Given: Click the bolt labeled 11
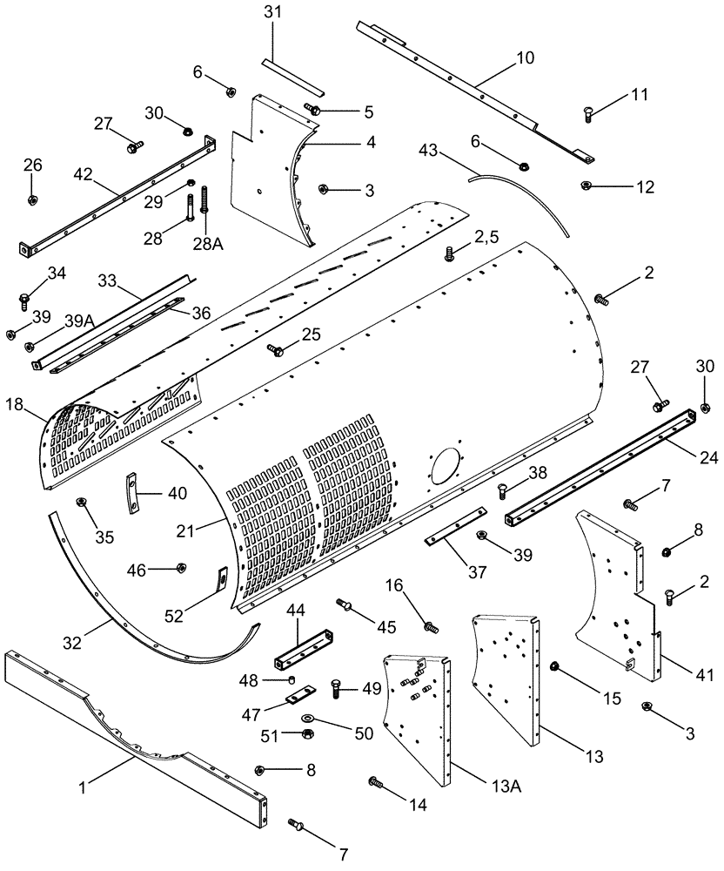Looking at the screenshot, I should (x=590, y=111).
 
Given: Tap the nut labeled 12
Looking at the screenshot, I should (x=585, y=185).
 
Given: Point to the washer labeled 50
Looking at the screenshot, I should (x=310, y=718).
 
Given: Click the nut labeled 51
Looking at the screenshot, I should (x=308, y=735).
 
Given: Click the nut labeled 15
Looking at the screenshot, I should (x=555, y=667).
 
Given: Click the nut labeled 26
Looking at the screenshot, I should (x=32, y=200).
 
